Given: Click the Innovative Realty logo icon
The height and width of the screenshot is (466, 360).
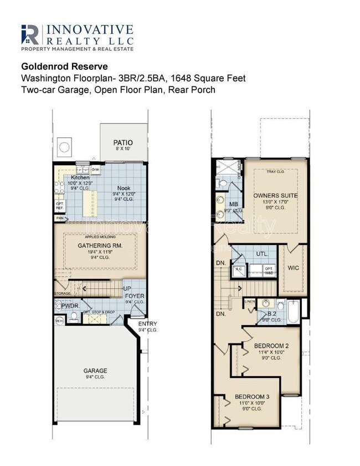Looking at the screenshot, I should [x=31, y=34].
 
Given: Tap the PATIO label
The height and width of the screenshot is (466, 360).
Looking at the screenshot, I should [x=123, y=142].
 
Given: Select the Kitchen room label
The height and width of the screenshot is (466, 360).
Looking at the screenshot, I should [x=80, y=177].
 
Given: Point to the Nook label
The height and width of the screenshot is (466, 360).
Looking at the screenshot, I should [x=124, y=188].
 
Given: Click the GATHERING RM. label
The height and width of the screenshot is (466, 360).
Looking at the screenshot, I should [x=100, y=245].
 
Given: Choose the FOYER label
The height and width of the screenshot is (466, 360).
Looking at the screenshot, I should [x=135, y=296].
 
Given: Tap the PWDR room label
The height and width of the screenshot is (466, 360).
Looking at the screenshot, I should [x=69, y=305].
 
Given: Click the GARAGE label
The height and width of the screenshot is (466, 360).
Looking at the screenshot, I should [x=95, y=371].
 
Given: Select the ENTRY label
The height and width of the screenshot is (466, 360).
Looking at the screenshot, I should [x=147, y=324].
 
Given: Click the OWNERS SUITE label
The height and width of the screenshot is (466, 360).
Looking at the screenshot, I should [x=275, y=196].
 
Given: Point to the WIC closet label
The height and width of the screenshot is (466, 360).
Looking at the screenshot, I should [x=294, y=268].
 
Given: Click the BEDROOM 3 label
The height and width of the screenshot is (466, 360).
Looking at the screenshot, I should [x=252, y=397].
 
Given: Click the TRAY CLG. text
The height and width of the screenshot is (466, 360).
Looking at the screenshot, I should [x=275, y=171].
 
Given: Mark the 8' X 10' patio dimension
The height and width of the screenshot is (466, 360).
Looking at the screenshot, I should [x=123, y=149].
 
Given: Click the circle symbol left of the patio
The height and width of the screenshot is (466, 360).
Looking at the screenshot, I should [x=64, y=147].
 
